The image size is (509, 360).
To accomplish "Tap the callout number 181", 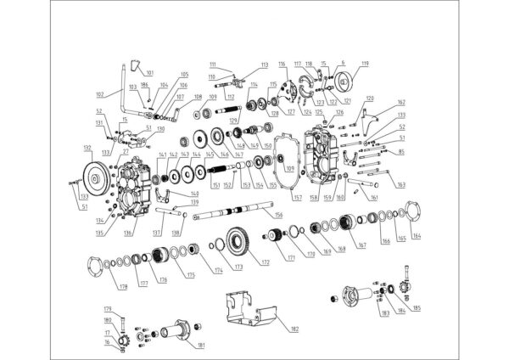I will [x=201, y=345].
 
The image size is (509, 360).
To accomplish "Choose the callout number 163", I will [x=400, y=183].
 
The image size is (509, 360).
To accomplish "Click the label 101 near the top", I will [x=150, y=73].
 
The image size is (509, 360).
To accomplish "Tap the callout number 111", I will [x=213, y=65].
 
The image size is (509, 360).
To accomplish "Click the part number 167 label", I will [x=361, y=246].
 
